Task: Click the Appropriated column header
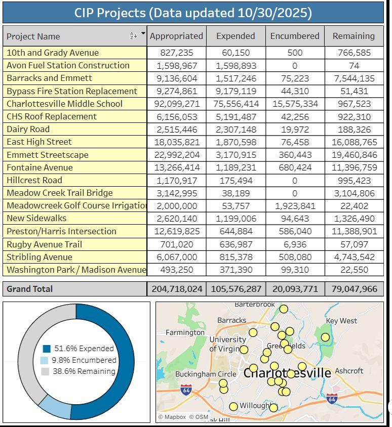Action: coord(176,36)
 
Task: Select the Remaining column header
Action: coord(354,36)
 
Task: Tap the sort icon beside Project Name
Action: coord(133,36)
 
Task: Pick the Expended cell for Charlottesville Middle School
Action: coord(236,104)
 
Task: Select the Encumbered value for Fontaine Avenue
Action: coord(294,167)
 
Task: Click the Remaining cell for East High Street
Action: coord(354,142)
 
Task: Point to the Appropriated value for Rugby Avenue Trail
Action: coord(176,244)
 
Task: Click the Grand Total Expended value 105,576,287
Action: coord(236,289)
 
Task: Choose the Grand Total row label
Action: coord(30,289)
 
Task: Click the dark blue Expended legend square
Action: coord(47,349)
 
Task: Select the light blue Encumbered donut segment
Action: coord(55,404)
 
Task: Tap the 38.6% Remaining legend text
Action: coord(85,371)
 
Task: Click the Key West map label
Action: coord(341,321)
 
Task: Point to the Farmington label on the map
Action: coord(185,332)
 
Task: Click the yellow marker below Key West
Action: coord(325,337)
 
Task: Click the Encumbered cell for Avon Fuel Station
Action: coord(294,65)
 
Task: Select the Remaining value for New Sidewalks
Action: coord(354,218)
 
